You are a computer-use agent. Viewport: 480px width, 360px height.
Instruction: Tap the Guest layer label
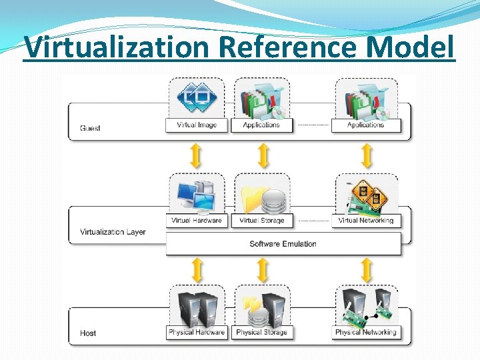pyautogui.click(x=90, y=127)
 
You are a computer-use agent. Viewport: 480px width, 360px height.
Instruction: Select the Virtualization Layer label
pyautogui.click(x=113, y=232)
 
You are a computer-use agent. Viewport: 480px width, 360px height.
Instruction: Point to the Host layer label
pyautogui.click(x=88, y=333)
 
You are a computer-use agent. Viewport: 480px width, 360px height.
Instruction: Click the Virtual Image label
pyautogui.click(x=197, y=125)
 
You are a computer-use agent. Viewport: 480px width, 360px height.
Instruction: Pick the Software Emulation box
pyautogui.click(x=283, y=243)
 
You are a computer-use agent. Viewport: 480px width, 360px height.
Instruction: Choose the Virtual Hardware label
pyautogui.click(x=197, y=220)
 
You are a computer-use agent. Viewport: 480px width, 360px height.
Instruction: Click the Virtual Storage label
pyautogui.click(x=261, y=220)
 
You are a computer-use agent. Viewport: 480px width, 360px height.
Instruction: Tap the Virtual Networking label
pyautogui.click(x=366, y=220)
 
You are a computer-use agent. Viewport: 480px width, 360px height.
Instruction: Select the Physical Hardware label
pyautogui.click(x=197, y=332)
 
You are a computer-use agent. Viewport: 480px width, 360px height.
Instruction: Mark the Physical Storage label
pyautogui.click(x=261, y=332)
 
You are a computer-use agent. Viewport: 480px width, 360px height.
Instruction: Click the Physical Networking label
pyautogui.click(x=366, y=332)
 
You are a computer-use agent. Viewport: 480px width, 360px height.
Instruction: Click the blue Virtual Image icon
pyautogui.click(x=197, y=98)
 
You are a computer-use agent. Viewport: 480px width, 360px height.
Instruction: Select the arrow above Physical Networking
pyautogui.click(x=366, y=269)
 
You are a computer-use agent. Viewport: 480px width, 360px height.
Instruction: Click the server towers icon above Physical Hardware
pyautogui.click(x=197, y=306)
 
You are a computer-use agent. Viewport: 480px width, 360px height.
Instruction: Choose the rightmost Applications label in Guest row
pyautogui.click(x=366, y=125)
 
